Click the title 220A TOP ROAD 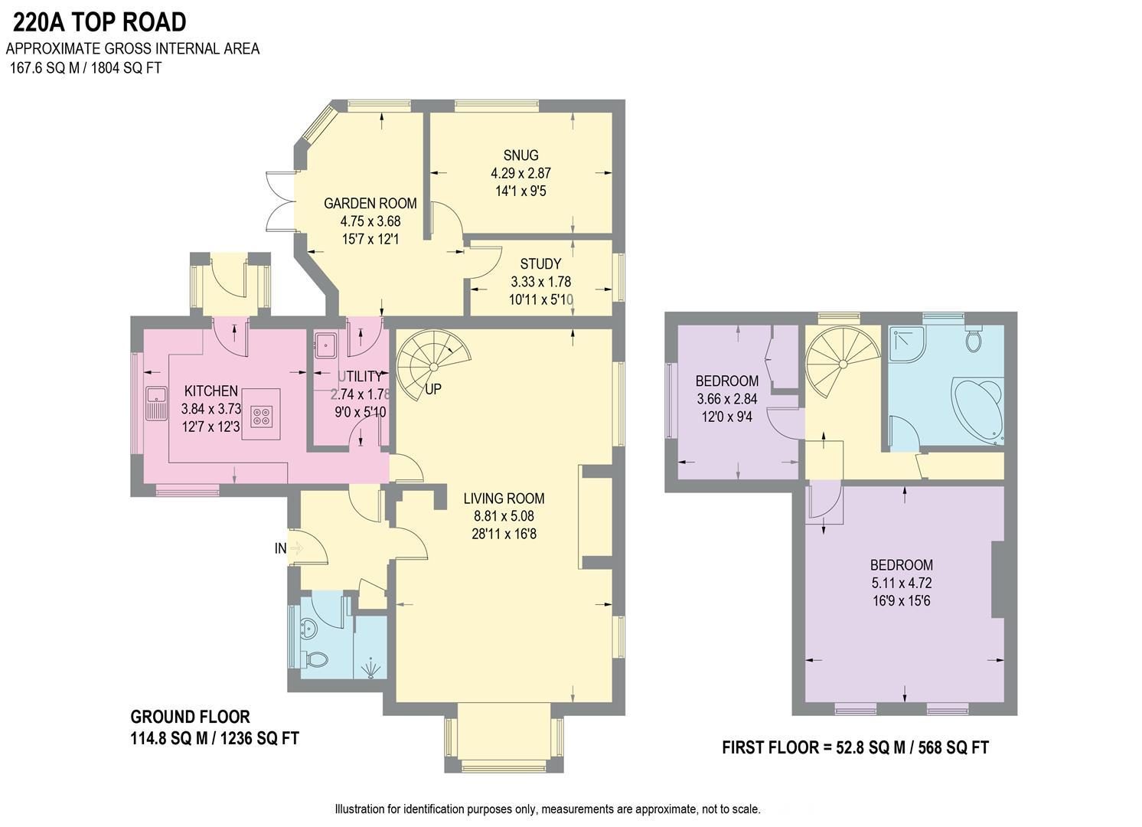coord(99,22)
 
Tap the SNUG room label coord(520,155)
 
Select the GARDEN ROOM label coord(370,204)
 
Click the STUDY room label coord(540,264)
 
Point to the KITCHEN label coord(210,391)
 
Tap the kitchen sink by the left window coord(157,403)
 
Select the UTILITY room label coord(360,377)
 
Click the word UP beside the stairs coord(433,389)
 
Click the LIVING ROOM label coord(504,498)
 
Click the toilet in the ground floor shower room coord(315,658)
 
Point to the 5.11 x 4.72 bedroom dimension coord(901,583)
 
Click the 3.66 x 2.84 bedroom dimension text coord(726,399)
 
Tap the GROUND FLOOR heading coord(190,717)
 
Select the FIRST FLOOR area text coord(855,747)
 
